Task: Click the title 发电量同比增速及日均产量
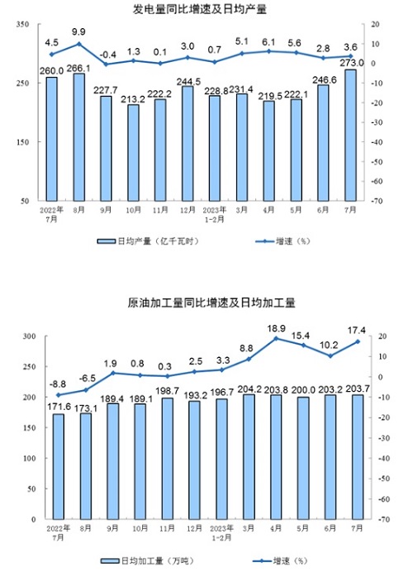point(200,9)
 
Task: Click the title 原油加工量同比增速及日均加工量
point(211,303)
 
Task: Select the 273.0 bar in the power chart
point(350,135)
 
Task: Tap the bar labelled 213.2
point(133,153)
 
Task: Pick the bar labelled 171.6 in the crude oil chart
point(58,466)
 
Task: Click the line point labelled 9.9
point(78,44)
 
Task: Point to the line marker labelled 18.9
point(276,339)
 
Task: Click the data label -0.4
point(108,55)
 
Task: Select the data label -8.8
point(58,384)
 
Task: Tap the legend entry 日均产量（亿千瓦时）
point(148,241)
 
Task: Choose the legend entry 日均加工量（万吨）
point(147,560)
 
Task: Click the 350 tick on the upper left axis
point(22,24)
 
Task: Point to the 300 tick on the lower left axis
point(29,336)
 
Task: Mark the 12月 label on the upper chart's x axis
point(188,210)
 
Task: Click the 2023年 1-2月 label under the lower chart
point(221,532)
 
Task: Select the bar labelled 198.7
point(168,459)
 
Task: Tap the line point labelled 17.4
point(357,341)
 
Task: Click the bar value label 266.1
point(78,69)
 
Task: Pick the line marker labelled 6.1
point(268,51)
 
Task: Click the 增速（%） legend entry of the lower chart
point(279,560)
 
